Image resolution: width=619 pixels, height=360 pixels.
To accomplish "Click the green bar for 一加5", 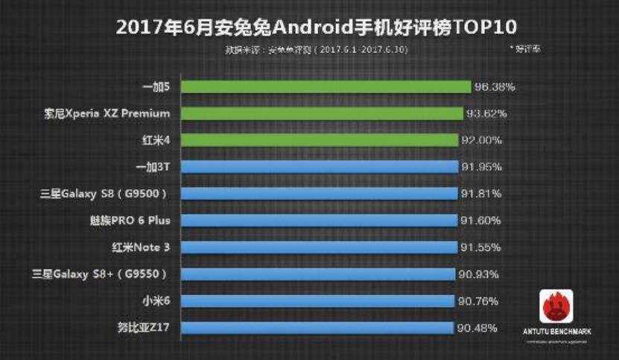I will point(326,86).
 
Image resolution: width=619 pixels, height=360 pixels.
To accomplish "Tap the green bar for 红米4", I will point(319,140).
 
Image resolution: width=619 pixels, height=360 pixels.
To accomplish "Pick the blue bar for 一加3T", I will point(319,167).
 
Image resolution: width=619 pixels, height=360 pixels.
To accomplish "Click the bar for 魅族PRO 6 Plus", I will point(318,221).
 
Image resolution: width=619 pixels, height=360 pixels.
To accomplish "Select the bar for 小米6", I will point(317,300).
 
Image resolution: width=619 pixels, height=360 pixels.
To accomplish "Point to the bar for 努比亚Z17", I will point(317,327).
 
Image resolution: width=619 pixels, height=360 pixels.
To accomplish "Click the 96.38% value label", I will point(495,86).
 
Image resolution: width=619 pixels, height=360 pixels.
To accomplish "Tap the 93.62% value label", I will point(486,113).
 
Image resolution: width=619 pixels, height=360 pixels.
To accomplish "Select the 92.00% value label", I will point(481,140).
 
